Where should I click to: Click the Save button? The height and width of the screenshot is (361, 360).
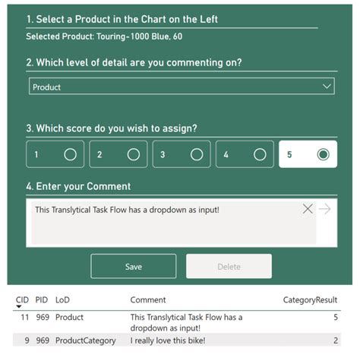[134, 266]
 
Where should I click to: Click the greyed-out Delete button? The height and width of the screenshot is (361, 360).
[229, 266]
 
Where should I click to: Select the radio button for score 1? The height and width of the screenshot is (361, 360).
[71, 154]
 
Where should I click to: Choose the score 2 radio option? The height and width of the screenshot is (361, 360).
[134, 154]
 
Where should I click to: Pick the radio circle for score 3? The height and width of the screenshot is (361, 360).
[197, 154]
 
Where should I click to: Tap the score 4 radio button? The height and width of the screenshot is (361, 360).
[260, 154]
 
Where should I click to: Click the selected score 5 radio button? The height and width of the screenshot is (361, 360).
[323, 154]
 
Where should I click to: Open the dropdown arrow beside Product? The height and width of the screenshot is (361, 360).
[327, 87]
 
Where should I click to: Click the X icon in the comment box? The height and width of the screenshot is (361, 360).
[308, 209]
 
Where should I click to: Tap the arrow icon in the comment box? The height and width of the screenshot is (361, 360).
[325, 209]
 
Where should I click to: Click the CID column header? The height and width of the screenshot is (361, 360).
[22, 300]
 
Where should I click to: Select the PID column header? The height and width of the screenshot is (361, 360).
[42, 300]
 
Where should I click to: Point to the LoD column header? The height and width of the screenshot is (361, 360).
[62, 300]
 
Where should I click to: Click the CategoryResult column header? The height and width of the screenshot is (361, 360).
[310, 300]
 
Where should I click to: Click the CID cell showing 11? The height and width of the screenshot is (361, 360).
[24, 317]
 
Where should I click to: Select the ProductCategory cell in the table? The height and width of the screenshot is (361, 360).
[86, 340]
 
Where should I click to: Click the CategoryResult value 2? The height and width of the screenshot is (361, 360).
[335, 340]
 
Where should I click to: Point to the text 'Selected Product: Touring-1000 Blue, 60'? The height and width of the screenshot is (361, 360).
[104, 36]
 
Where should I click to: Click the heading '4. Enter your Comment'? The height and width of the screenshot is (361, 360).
[78, 186]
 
